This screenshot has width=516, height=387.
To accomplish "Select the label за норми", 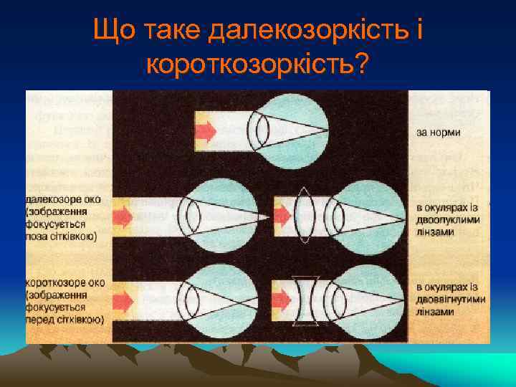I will click(x=437, y=133).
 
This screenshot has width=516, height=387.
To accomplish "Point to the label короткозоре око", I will click(x=65, y=282).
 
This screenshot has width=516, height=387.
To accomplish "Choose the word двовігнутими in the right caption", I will click(x=451, y=299).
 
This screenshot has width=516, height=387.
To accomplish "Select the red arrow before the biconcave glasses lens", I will click(x=282, y=296).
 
